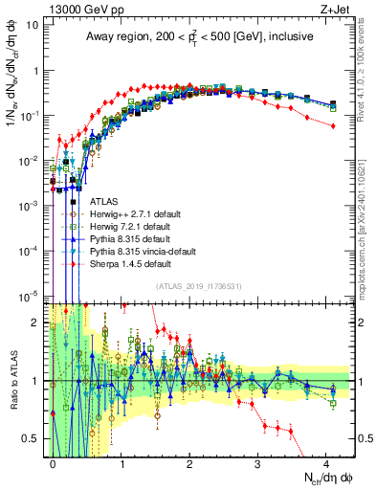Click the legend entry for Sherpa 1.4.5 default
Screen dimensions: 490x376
pyautogui.click(x=131, y=263)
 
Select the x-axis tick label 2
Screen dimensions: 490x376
pyautogui.click(x=189, y=462)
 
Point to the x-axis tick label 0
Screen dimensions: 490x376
pyautogui.click(x=54, y=462)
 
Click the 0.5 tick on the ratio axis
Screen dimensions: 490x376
pyautogui.click(x=32, y=438)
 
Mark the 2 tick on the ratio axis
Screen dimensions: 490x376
pyautogui.click(x=35, y=323)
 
